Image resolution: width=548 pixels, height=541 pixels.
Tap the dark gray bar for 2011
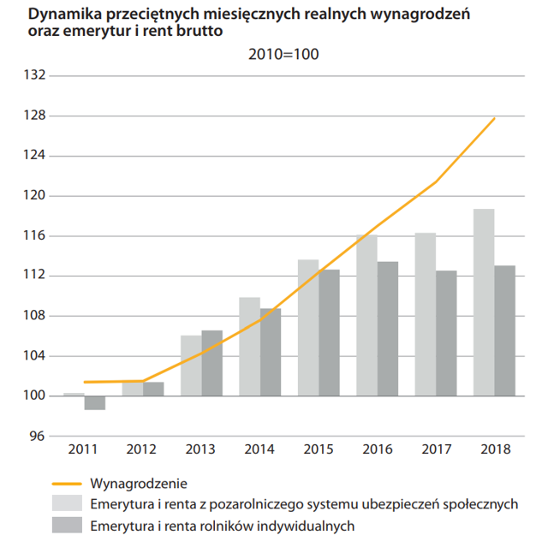point(95,403)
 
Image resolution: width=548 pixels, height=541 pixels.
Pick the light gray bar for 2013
point(191,366)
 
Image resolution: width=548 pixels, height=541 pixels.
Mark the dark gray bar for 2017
point(447,333)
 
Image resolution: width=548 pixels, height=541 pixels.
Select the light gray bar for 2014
point(249,347)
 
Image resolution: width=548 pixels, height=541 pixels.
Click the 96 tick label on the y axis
point(37,436)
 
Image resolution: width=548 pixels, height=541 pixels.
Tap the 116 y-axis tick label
point(34,235)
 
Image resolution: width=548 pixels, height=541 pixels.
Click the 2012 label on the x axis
point(142,449)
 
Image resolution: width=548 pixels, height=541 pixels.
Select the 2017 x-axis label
point(436,449)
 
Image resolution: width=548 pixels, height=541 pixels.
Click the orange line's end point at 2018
point(495,118)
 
